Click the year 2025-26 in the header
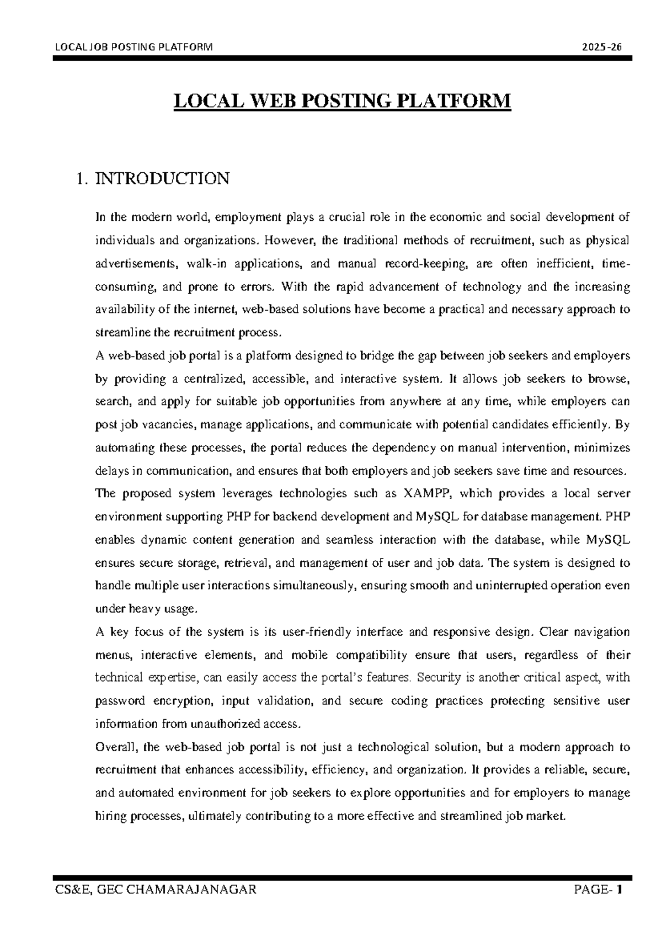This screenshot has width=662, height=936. (605, 47)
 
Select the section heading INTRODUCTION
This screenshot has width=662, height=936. (162, 179)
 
